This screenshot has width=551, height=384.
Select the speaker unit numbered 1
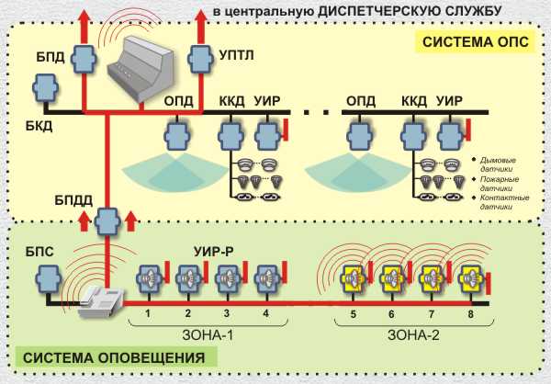click(x=148, y=277)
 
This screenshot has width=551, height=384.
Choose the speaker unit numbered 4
click(x=266, y=277)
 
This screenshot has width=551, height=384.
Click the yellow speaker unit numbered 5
click(x=353, y=277)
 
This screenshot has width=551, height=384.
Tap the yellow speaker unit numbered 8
click(x=471, y=277)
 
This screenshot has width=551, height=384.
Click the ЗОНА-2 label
click(x=414, y=335)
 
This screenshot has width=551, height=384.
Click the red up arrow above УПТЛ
click(x=198, y=20)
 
